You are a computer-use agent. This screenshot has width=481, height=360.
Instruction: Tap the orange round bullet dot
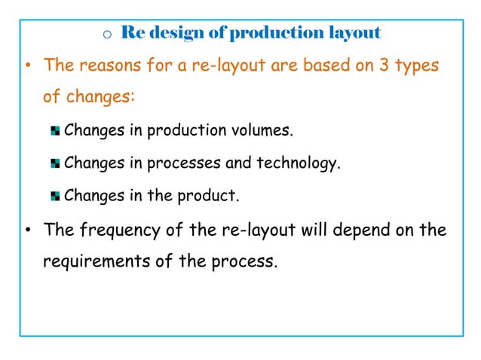point(27,66)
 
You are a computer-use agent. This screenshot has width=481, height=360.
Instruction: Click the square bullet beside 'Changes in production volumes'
point(55,132)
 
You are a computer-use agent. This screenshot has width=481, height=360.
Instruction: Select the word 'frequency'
point(115,231)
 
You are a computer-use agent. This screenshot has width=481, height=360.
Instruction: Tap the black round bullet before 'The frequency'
point(27,230)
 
